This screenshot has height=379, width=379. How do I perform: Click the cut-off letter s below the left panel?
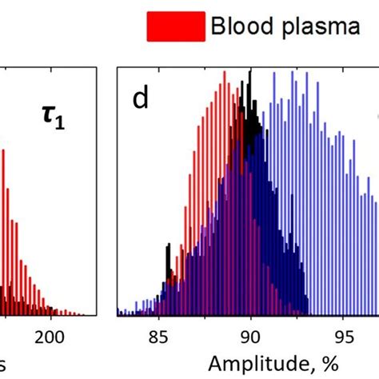[x=4, y=365]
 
